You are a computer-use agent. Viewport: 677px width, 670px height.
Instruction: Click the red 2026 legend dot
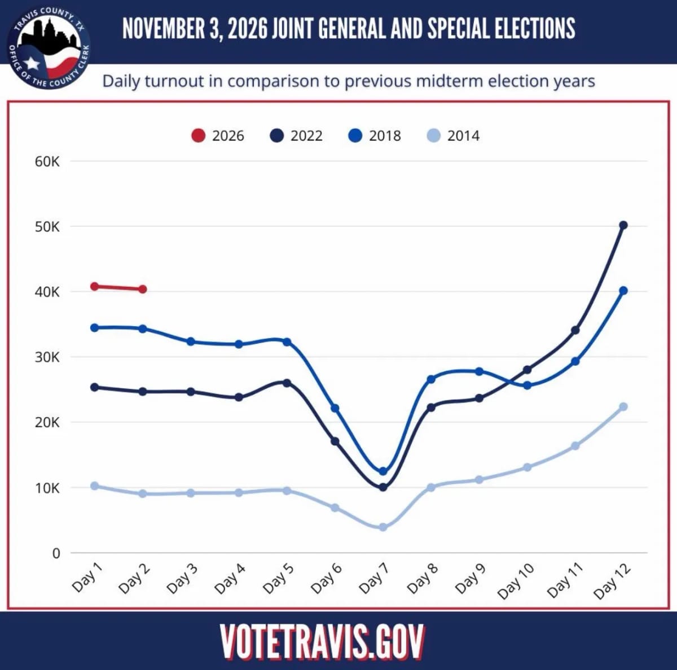pyautogui.click(x=199, y=135)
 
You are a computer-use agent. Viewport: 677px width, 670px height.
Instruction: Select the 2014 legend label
pyautogui.click(x=463, y=135)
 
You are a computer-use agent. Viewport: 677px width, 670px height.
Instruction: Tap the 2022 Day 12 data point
pyautogui.click(x=623, y=225)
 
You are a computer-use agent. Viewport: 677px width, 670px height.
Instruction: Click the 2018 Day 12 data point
pyautogui.click(x=623, y=290)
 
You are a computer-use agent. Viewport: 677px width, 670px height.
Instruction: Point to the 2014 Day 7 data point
pyautogui.click(x=383, y=527)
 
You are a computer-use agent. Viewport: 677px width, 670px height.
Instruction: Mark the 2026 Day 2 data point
pyautogui.click(x=143, y=290)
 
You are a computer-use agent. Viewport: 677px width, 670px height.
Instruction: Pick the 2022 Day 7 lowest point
pyautogui.click(x=383, y=487)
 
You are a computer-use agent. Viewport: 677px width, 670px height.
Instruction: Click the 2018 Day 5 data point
pyautogui.click(x=287, y=341)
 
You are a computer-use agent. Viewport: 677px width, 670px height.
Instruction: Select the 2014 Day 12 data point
pyautogui.click(x=623, y=407)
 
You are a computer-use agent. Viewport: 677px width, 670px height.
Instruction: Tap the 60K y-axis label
pyautogui.click(x=47, y=161)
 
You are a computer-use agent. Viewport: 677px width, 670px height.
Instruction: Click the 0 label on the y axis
pyautogui.click(x=56, y=553)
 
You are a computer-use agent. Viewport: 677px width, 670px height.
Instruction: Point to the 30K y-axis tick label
pyautogui.click(x=47, y=357)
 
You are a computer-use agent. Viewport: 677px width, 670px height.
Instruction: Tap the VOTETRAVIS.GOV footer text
pyautogui.click(x=322, y=642)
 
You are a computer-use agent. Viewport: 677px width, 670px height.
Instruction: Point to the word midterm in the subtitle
pyautogui.click(x=444, y=81)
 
